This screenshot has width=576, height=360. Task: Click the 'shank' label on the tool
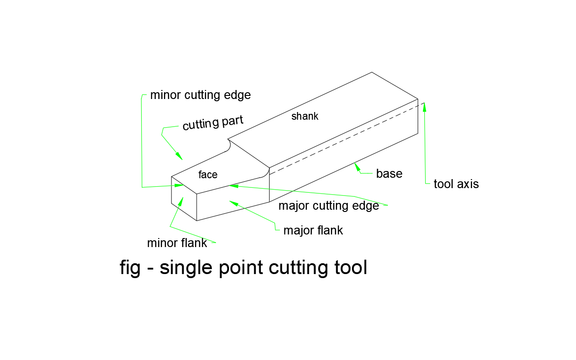click(305, 116)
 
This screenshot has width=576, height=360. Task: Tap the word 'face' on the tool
click(208, 175)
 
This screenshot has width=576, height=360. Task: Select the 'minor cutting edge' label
click(200, 95)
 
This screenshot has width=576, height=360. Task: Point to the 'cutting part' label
click(213, 123)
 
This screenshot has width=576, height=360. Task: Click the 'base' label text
click(389, 174)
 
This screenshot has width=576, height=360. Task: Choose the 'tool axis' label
click(456, 184)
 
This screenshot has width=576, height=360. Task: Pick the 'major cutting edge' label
click(329, 206)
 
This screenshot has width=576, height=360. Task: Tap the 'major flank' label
click(313, 230)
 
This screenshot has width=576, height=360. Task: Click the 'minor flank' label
click(177, 243)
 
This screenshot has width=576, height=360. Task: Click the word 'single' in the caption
click(186, 268)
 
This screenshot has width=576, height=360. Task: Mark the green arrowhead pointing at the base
click(358, 167)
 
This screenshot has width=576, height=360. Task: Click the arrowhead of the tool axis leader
click(424, 107)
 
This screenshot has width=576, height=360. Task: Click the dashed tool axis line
click(346, 137)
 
